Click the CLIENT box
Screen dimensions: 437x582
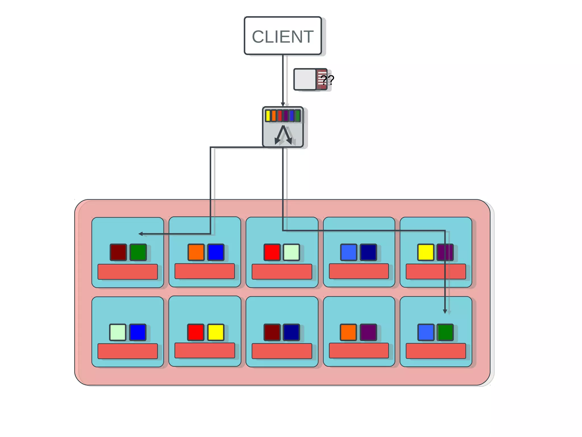283,36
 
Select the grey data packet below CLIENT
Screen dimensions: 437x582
305,79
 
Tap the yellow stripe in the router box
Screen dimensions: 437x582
268,116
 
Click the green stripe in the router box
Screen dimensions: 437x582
298,116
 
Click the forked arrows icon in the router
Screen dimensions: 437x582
283,135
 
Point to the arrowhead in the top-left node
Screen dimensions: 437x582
140,234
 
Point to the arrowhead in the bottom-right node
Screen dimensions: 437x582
445,311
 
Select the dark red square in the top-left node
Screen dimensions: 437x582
118,252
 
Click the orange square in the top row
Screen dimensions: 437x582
196,252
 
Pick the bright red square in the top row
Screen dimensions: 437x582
272,252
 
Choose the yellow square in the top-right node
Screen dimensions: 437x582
425,252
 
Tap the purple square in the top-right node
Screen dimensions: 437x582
445,252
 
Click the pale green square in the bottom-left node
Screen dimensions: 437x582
118,332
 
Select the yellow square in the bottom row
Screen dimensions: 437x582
216,332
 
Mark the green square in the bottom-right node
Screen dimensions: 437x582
445,332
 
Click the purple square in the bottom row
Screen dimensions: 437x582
368,332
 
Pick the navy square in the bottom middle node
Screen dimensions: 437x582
291,332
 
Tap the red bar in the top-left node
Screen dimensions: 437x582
128,272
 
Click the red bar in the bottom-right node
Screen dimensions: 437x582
436,351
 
